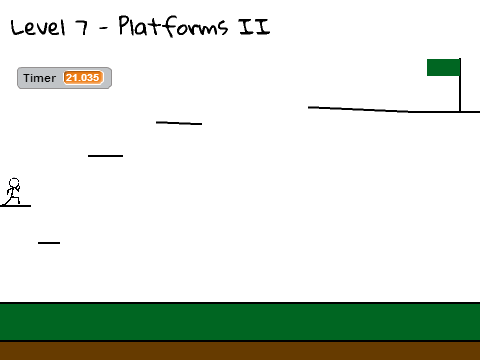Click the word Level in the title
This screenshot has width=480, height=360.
click(x=37, y=27)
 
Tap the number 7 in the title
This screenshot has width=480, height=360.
click(x=82, y=27)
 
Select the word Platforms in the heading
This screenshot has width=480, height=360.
click(x=173, y=26)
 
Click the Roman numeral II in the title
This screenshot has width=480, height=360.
click(x=254, y=27)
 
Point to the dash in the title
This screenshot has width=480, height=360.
click(x=104, y=28)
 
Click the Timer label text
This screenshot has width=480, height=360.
click(x=39, y=78)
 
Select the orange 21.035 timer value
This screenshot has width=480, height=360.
click(x=82, y=78)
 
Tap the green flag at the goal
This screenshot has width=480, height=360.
click(x=443, y=67)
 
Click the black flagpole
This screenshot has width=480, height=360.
click(x=460, y=85)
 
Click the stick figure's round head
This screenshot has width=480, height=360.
click(x=14, y=183)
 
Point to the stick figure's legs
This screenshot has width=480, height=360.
click(x=13, y=199)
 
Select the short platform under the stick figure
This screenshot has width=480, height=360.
click(x=15, y=206)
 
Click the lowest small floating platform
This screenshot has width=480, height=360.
click(x=49, y=243)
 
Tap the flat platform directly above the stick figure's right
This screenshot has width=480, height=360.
click(x=105, y=156)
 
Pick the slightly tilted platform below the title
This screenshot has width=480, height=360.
click(x=179, y=123)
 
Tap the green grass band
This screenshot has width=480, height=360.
click(x=240, y=322)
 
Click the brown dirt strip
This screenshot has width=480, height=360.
click(x=240, y=351)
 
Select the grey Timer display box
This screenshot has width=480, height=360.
click(x=64, y=78)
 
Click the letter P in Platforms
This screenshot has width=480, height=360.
click(x=124, y=25)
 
